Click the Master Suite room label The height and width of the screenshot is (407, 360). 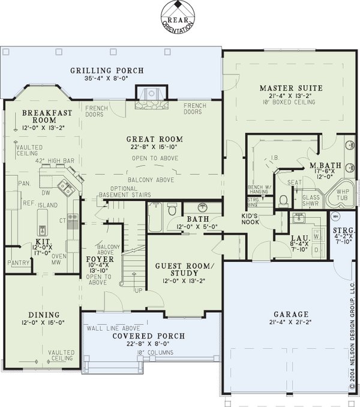(290, 88)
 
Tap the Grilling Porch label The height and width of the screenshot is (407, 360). (107, 71)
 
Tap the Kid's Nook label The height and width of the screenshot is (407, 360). (233, 218)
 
